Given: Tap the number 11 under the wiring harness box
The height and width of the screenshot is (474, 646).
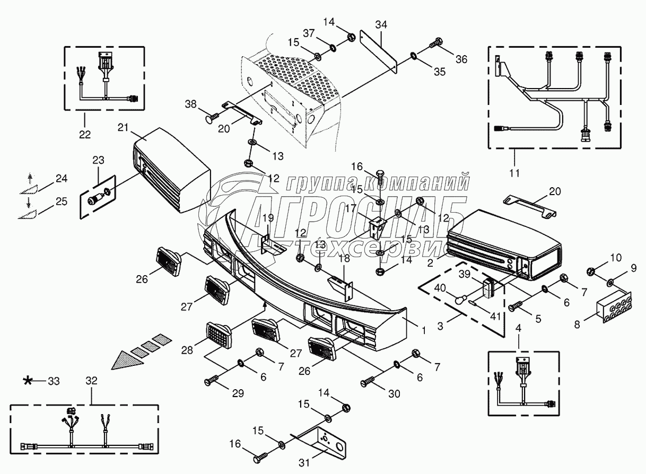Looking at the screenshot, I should click(514, 172).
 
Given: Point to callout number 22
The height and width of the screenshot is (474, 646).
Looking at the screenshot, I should click(84, 134).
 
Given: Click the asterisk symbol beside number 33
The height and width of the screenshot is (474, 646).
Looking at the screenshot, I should click(27, 380).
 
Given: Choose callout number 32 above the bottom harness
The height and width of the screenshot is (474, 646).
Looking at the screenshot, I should click(91, 380).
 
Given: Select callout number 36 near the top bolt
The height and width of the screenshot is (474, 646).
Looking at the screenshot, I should click(461, 59).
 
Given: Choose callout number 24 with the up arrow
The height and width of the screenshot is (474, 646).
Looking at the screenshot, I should click(62, 179).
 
